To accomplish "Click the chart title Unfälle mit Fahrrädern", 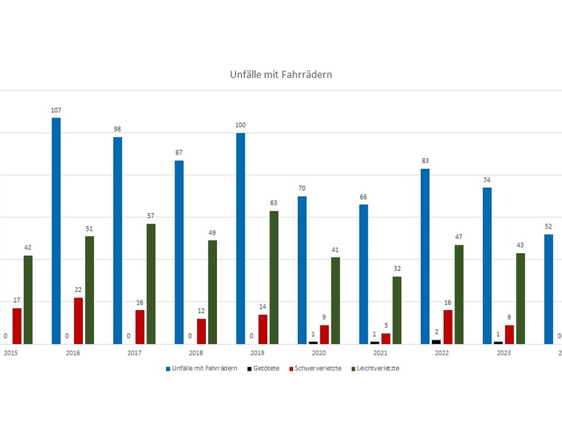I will point(280,74).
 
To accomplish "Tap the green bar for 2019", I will point(274,277).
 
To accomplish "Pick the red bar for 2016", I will point(79,321).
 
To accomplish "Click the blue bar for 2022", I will point(425,256).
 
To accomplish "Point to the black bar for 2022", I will point(436,342).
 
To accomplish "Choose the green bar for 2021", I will point(397,310).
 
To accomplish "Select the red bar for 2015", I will point(17,326).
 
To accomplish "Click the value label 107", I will point(55,110).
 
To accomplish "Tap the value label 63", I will point(274,203).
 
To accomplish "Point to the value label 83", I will point(425,161).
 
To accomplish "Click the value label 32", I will point(397,269).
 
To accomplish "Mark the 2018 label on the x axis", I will point(196,354).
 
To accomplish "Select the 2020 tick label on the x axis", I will point(319,354).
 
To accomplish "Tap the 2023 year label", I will point(504,354).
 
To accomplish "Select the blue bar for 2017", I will point(117,240).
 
